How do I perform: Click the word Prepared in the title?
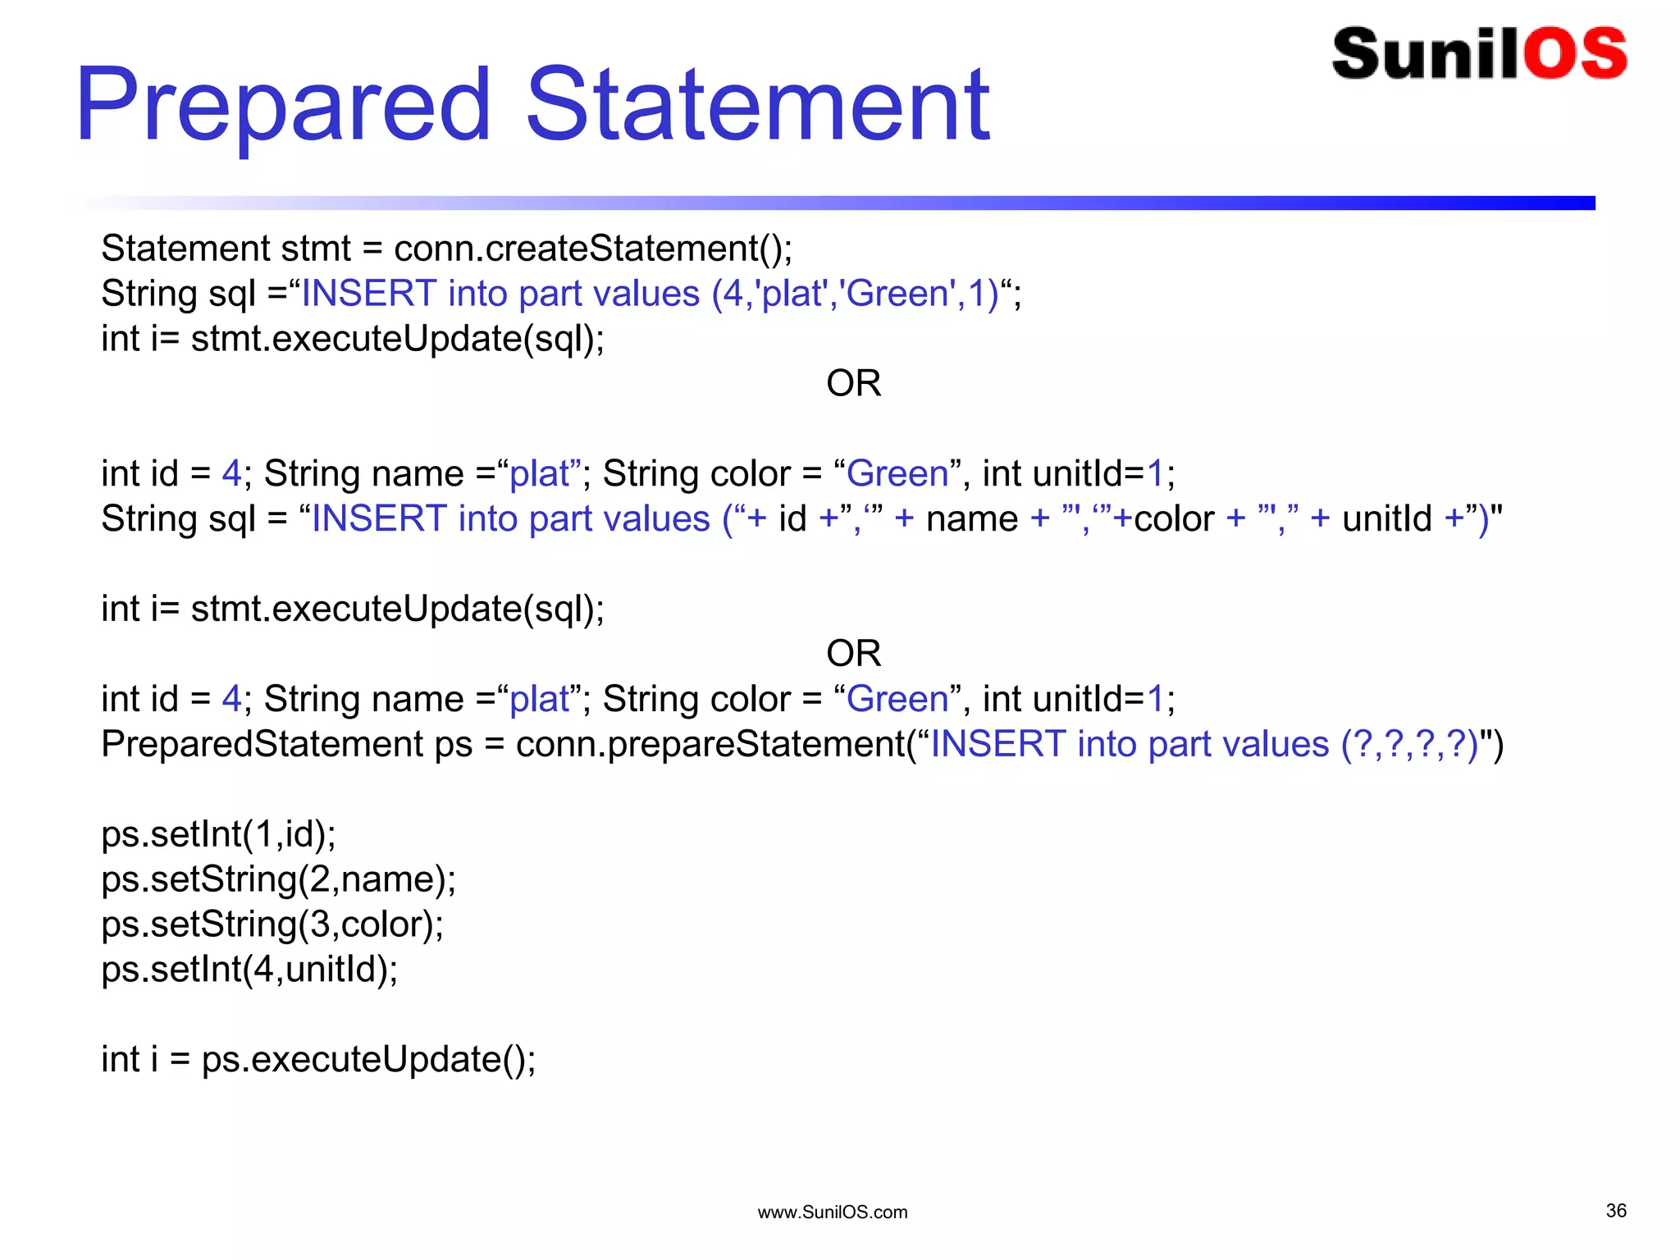(283, 107)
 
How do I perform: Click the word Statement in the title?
(757, 107)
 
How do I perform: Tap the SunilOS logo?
(1479, 54)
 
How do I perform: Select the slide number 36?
(1615, 1211)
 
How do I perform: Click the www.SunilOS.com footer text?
(832, 1212)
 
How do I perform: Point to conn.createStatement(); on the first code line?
(593, 249)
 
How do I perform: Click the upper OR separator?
(853, 384)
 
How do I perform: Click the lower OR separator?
(853, 654)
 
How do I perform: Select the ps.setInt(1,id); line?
(218, 834)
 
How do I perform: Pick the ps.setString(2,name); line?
(278, 879)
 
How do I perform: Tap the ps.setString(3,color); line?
(272, 924)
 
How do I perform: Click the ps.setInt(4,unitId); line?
(249, 970)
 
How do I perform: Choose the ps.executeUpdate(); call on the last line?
(368, 1060)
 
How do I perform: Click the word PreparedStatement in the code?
(262, 745)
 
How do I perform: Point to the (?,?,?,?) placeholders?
(1409, 745)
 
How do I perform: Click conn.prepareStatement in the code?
(710, 745)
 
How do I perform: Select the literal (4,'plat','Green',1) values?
(855, 294)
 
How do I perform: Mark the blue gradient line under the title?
(902, 203)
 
